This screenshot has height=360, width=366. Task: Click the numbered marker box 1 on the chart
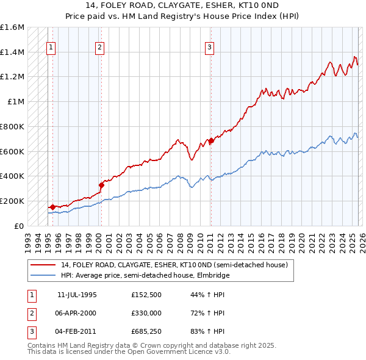(52, 47)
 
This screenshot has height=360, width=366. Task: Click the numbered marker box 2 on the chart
(99, 47)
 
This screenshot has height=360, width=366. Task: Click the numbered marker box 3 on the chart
(209, 47)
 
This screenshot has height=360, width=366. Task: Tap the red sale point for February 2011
(211, 141)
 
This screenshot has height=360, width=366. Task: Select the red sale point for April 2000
(101, 185)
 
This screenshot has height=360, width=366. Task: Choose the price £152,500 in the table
(146, 294)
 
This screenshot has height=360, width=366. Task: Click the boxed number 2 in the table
(31, 313)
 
